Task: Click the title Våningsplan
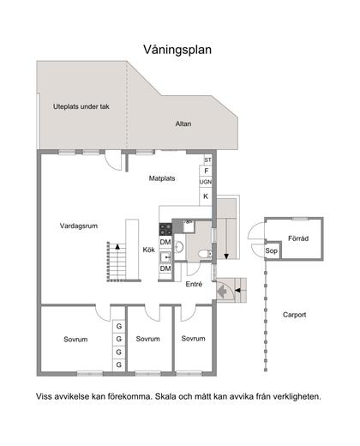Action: pyautogui.click(x=179, y=50)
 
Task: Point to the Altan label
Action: pyautogui.click(x=183, y=124)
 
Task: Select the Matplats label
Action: pyautogui.click(x=163, y=179)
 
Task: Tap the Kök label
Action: pyautogui.click(x=148, y=250)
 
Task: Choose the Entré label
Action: pyautogui.click(x=194, y=284)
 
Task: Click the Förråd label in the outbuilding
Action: pyautogui.click(x=297, y=238)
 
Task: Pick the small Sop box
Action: pyautogui.click(x=271, y=251)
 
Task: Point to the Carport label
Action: pyautogui.click(x=294, y=315)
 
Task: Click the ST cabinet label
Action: pyautogui.click(x=207, y=160)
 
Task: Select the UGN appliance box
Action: pyautogui.click(x=206, y=182)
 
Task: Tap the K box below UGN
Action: pyautogui.click(x=206, y=196)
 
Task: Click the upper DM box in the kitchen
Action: pyautogui.click(x=165, y=243)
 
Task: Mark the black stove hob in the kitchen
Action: pyautogui.click(x=165, y=228)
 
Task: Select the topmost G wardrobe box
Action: pyautogui.click(x=119, y=327)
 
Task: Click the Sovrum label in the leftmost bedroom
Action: pyautogui.click(x=75, y=340)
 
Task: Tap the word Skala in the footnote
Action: pyautogui.click(x=172, y=397)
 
